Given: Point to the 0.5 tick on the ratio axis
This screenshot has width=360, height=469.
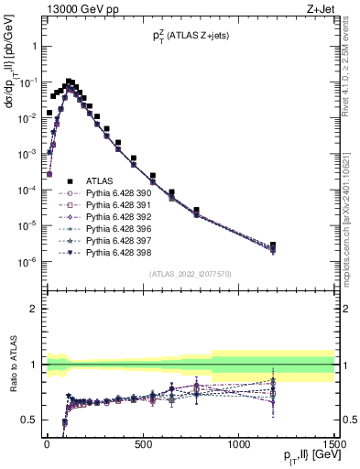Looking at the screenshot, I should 31,420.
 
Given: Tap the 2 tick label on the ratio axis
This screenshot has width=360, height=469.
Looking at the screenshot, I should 35,309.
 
